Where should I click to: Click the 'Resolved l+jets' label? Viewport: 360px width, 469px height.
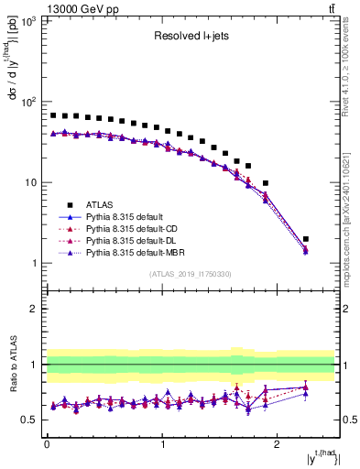(191, 38)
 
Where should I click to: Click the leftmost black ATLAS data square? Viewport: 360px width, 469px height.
(53, 115)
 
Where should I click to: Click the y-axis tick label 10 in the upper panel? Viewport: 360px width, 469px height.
(29, 182)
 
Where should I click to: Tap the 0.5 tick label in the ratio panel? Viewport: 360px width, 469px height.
(27, 420)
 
